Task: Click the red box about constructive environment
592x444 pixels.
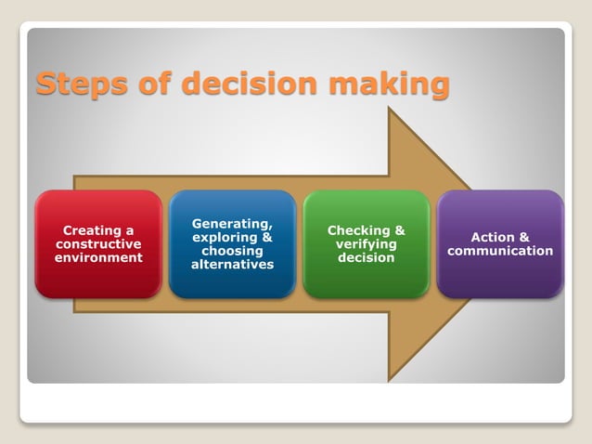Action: click(98, 244)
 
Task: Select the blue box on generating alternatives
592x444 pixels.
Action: click(232, 244)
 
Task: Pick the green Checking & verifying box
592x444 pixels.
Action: click(366, 244)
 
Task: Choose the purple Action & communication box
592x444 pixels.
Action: click(500, 244)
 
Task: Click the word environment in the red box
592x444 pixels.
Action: click(98, 257)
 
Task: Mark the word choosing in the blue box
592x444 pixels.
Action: click(232, 251)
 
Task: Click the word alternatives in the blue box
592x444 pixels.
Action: click(232, 265)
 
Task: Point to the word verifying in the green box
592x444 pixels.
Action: click(367, 243)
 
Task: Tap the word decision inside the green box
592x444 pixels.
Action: click(367, 257)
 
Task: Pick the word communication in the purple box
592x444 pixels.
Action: click(500, 251)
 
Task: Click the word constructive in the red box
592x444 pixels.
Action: click(98, 243)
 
